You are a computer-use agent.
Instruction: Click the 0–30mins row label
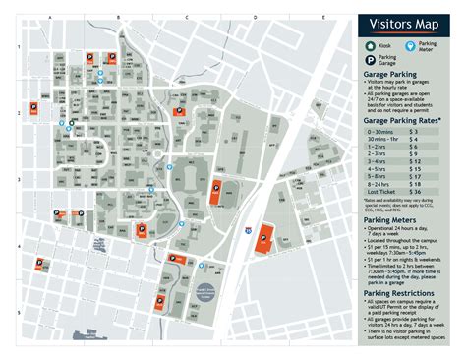tap(380, 131)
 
